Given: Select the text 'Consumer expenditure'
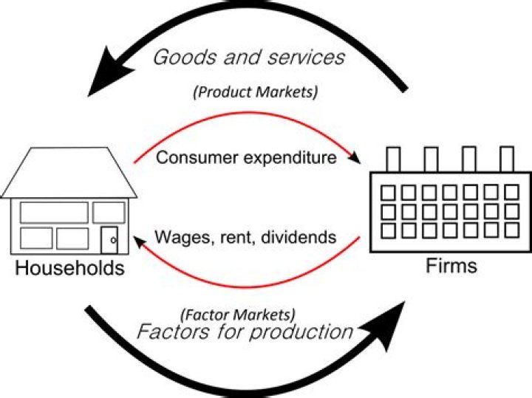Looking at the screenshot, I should click(x=247, y=158).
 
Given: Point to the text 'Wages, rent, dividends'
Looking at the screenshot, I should click(x=246, y=238).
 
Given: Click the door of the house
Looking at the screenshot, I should click(x=109, y=238).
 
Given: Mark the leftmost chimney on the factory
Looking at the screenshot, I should click(x=393, y=159).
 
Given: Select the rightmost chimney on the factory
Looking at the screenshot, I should click(x=507, y=159).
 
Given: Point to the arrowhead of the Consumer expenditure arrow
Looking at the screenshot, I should click(x=356, y=159).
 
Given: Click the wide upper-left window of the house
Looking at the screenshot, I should click(x=54, y=212).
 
